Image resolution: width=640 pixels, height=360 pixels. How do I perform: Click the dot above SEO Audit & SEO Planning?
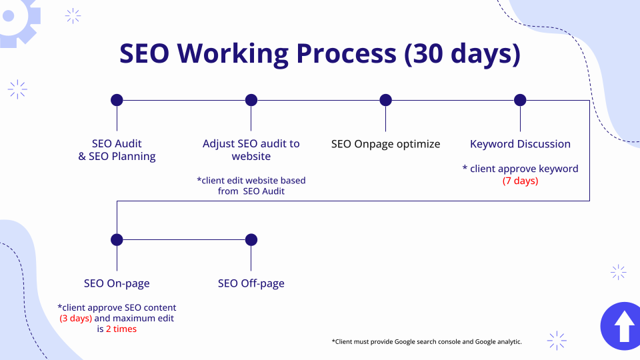point(117,100)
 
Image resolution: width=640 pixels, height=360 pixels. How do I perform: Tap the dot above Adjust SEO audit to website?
point(251,100)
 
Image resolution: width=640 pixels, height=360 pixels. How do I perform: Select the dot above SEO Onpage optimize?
point(386,100)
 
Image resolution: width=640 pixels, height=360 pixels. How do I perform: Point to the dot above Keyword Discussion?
point(520,100)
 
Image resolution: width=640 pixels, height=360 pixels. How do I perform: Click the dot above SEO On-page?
point(117,239)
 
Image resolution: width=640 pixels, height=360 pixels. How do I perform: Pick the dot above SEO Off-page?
point(251,239)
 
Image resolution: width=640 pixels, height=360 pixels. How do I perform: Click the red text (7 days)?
point(521,181)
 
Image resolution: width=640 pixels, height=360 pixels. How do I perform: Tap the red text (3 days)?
point(76,319)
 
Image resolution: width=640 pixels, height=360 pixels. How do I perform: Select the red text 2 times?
point(121,329)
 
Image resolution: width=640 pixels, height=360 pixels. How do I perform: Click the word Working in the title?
point(233,53)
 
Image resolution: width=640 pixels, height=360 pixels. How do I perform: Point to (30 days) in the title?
point(463,53)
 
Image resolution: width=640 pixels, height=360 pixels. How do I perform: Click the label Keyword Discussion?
point(520,144)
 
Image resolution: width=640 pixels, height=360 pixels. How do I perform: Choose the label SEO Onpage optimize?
point(386,144)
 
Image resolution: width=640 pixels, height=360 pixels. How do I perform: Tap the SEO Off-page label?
point(251,283)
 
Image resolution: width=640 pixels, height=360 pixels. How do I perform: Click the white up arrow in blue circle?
point(624,326)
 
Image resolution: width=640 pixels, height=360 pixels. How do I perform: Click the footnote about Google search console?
point(427,341)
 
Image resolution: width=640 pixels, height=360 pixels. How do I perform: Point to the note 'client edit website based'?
point(251,181)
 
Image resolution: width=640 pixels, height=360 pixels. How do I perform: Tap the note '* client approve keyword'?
point(521,169)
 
